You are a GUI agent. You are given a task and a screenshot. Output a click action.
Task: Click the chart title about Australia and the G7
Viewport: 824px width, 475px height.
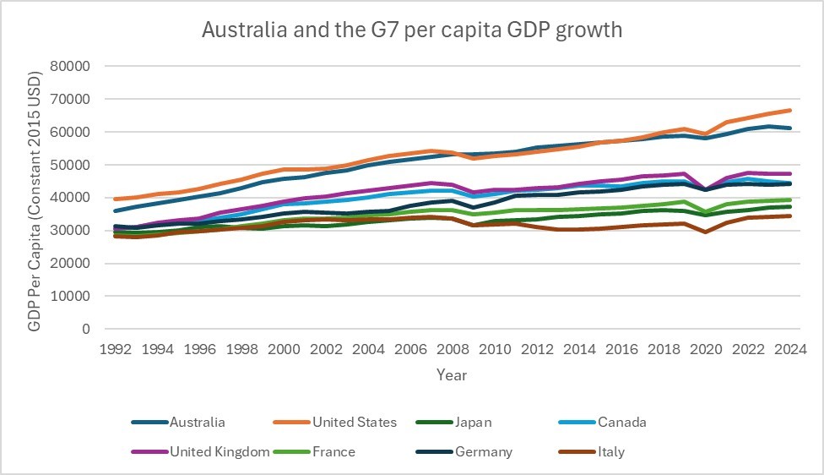pyautogui.click(x=412, y=31)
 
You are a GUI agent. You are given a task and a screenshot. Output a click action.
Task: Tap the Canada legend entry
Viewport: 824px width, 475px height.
pyautogui.click(x=622, y=422)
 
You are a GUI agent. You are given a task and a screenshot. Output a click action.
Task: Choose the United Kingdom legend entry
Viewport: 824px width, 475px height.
pyautogui.click(x=218, y=451)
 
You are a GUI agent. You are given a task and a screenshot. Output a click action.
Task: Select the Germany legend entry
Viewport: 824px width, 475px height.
pyautogui.click(x=483, y=451)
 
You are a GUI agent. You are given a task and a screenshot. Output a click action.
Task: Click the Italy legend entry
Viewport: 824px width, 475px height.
pyautogui.click(x=610, y=451)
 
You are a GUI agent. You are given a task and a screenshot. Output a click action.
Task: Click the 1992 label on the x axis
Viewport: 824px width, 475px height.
pyautogui.click(x=114, y=349)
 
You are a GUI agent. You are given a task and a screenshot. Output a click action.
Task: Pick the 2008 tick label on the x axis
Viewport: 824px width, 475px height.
pyautogui.click(x=453, y=349)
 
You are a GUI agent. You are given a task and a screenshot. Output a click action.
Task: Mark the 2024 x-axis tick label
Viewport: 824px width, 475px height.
pyautogui.click(x=792, y=349)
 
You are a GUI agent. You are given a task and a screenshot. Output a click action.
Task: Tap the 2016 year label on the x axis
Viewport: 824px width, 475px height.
pyautogui.click(x=622, y=349)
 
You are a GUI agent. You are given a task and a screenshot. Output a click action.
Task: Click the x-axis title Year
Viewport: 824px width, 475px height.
pyautogui.click(x=452, y=374)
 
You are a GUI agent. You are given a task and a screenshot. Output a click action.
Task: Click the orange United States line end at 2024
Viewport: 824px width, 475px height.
pyautogui.click(x=789, y=111)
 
